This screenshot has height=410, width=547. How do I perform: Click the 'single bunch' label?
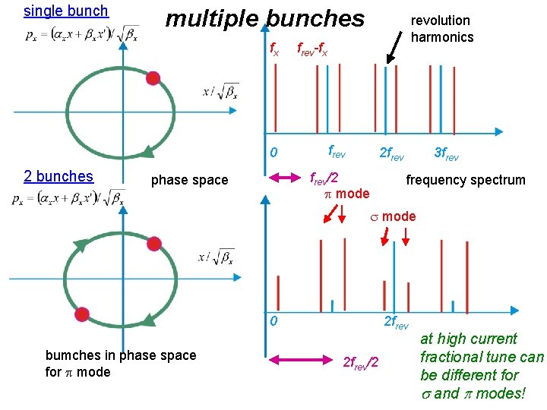pyautogui.click(x=66, y=11)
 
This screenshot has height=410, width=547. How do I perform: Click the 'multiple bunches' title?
pyautogui.click(x=264, y=18)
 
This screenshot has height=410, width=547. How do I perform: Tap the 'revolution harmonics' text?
pyautogui.click(x=441, y=29)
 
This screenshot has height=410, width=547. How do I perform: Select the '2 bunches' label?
pyautogui.click(x=58, y=176)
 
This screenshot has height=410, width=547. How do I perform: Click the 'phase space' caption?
pyautogui.click(x=189, y=180)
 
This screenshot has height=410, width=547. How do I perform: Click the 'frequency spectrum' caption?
pyautogui.click(x=466, y=180)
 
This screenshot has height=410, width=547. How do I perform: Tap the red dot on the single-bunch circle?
pyautogui.click(x=153, y=77)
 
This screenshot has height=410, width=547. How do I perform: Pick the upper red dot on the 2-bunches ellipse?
pyautogui.click(x=154, y=244)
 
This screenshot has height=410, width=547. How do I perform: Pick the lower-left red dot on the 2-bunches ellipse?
pyautogui.click(x=82, y=314)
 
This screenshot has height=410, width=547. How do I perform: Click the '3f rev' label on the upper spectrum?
pyautogui.click(x=446, y=153)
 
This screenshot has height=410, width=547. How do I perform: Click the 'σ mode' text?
pyautogui.click(x=393, y=216)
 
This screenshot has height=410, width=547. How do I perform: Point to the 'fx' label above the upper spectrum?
pyautogui.click(x=275, y=50)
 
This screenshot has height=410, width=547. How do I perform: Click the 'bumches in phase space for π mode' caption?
pyautogui.click(x=121, y=364)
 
